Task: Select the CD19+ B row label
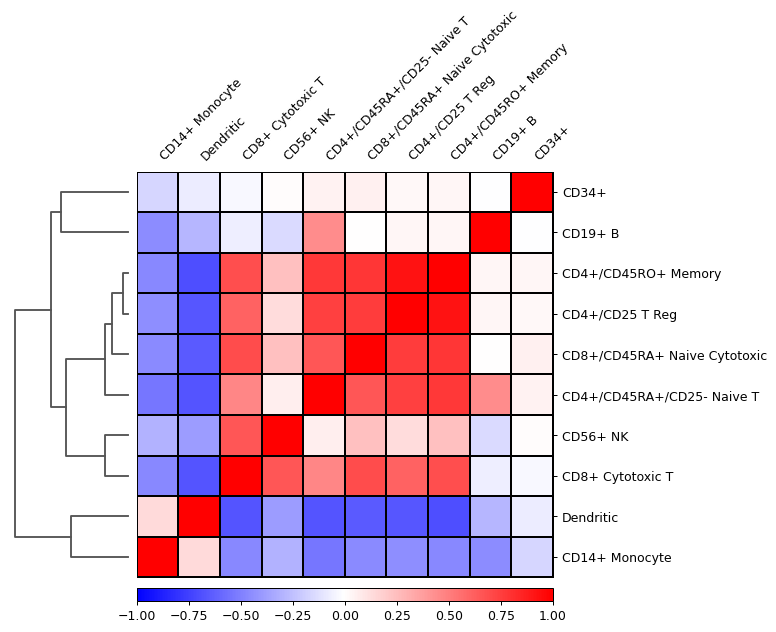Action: (591, 234)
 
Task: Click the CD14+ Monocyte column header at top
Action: (200, 119)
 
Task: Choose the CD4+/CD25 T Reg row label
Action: (620, 315)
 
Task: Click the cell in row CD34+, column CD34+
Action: (532, 193)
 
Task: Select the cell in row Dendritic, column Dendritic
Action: (199, 517)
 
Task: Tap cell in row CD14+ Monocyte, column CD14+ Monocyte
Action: (158, 557)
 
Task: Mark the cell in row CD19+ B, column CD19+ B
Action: (490, 234)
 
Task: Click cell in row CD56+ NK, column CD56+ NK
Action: (282, 436)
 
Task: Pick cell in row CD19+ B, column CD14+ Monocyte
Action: (158, 234)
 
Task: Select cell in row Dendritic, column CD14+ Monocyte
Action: (158, 517)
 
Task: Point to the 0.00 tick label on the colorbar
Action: (345, 616)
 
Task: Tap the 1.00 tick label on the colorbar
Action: (553, 616)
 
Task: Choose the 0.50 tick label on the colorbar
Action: (449, 616)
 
